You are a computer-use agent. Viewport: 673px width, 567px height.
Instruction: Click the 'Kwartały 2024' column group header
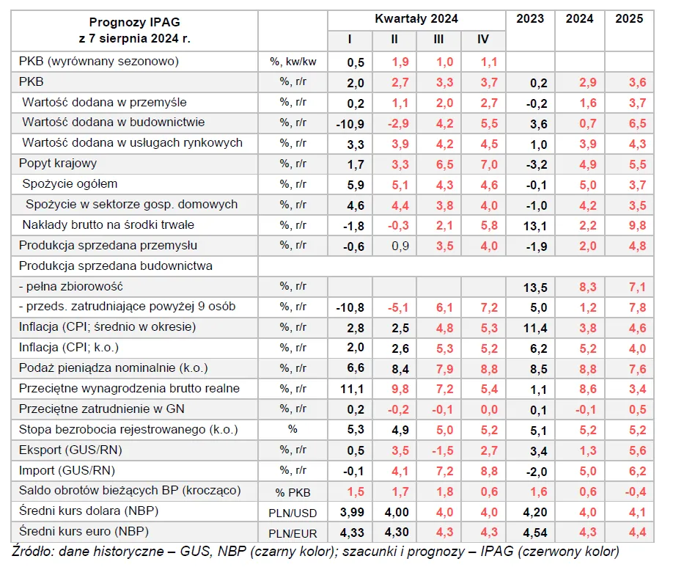pos(416,19)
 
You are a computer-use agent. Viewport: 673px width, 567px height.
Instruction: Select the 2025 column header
pos(629,19)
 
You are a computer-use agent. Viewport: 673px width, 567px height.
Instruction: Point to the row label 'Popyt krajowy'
pos(58,164)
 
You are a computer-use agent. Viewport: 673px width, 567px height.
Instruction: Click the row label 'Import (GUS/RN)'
pos(67,470)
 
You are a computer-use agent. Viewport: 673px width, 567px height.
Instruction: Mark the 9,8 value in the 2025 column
pos(629,225)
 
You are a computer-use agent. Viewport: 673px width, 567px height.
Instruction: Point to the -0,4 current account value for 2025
pos(629,491)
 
